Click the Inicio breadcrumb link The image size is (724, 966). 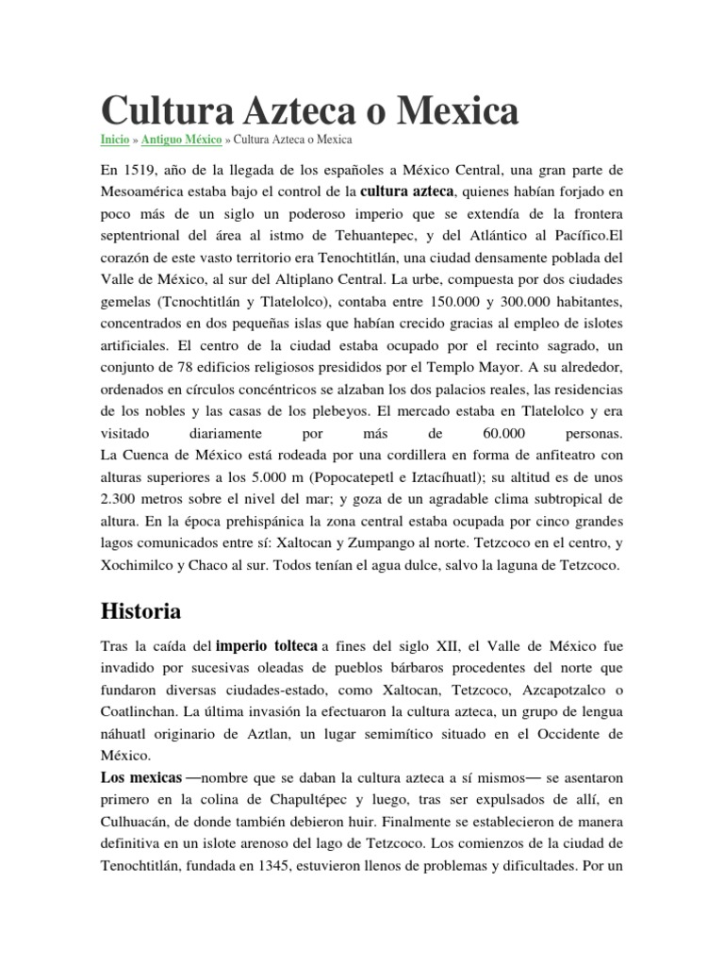(x=114, y=140)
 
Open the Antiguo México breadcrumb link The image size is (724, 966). (x=182, y=140)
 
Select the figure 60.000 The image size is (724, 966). (x=495, y=434)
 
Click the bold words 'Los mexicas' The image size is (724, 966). (x=140, y=777)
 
